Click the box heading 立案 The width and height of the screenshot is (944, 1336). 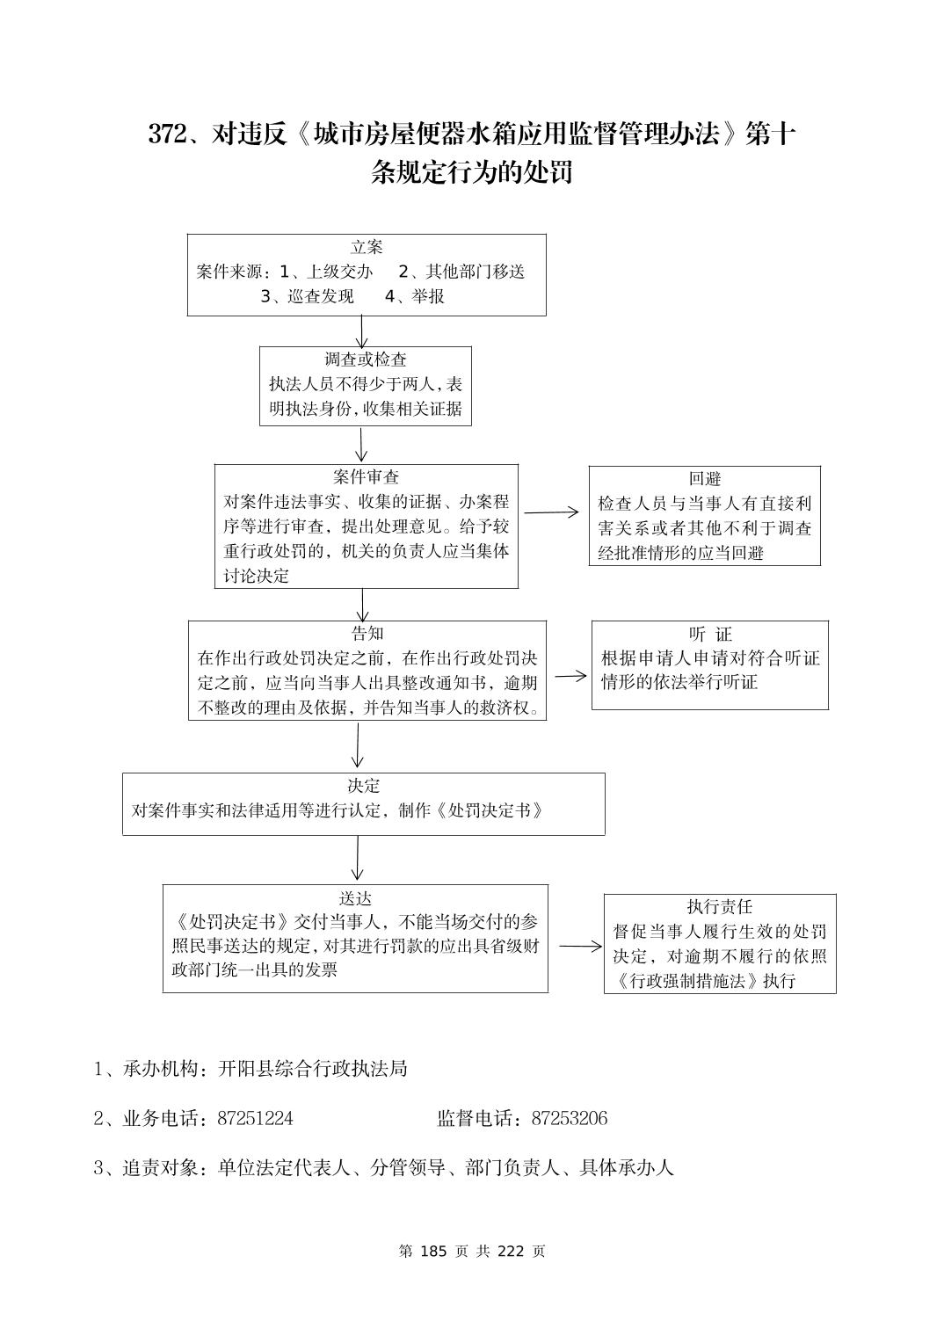pos(367,248)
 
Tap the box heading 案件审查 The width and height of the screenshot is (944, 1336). pos(367,477)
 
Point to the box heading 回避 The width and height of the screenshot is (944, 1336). pos(704,479)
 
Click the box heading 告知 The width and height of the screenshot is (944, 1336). pos(367,634)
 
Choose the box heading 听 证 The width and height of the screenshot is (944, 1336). pos(710,635)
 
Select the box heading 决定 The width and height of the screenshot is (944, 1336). pos(364,786)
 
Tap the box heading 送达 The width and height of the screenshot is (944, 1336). pos(356,898)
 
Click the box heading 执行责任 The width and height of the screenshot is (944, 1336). pos(720,907)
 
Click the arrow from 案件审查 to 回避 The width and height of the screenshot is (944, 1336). pos(552,512)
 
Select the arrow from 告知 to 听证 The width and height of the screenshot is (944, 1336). pos(570,675)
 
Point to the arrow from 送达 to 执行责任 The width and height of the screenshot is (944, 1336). pos(580,947)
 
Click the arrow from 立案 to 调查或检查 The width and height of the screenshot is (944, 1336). pos(362,331)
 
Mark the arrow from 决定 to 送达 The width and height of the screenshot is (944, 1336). pos(357,858)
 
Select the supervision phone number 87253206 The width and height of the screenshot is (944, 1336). pos(570,1119)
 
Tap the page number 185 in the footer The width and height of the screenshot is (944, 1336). pos(434,1251)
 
